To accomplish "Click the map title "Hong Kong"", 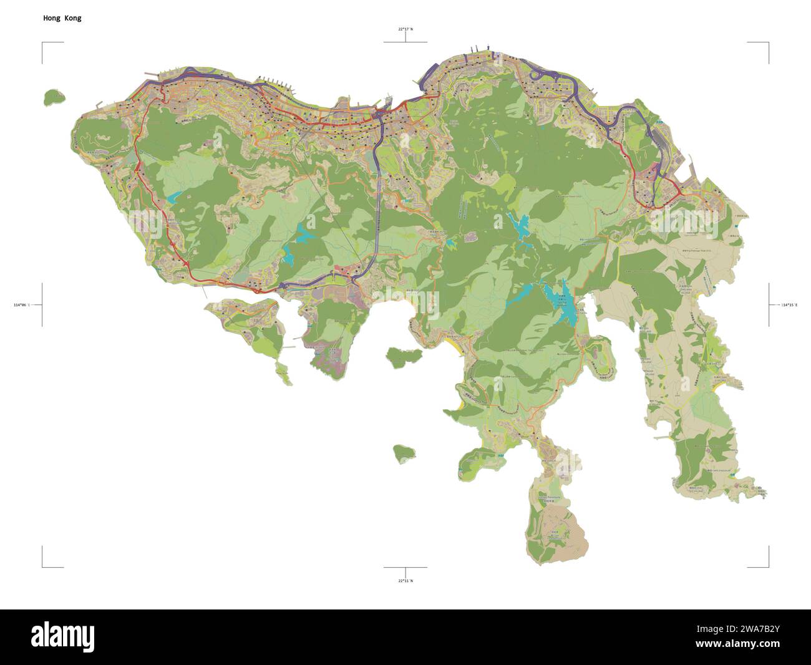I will coord(62,18).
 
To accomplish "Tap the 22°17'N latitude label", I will coord(405,29).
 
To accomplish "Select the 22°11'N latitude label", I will coord(405,581).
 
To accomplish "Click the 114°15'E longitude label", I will coord(789,305).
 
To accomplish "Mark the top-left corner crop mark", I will coord(44,44).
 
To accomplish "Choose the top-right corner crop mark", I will coord(767,44).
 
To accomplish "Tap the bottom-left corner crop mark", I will coord(44,566).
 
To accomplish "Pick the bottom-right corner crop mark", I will coord(767,566).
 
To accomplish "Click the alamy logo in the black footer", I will coord(63,636).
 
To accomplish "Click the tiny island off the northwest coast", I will coord(55,97).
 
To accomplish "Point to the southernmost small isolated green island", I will coord(404,453).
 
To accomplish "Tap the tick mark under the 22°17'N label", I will coord(405,37).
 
